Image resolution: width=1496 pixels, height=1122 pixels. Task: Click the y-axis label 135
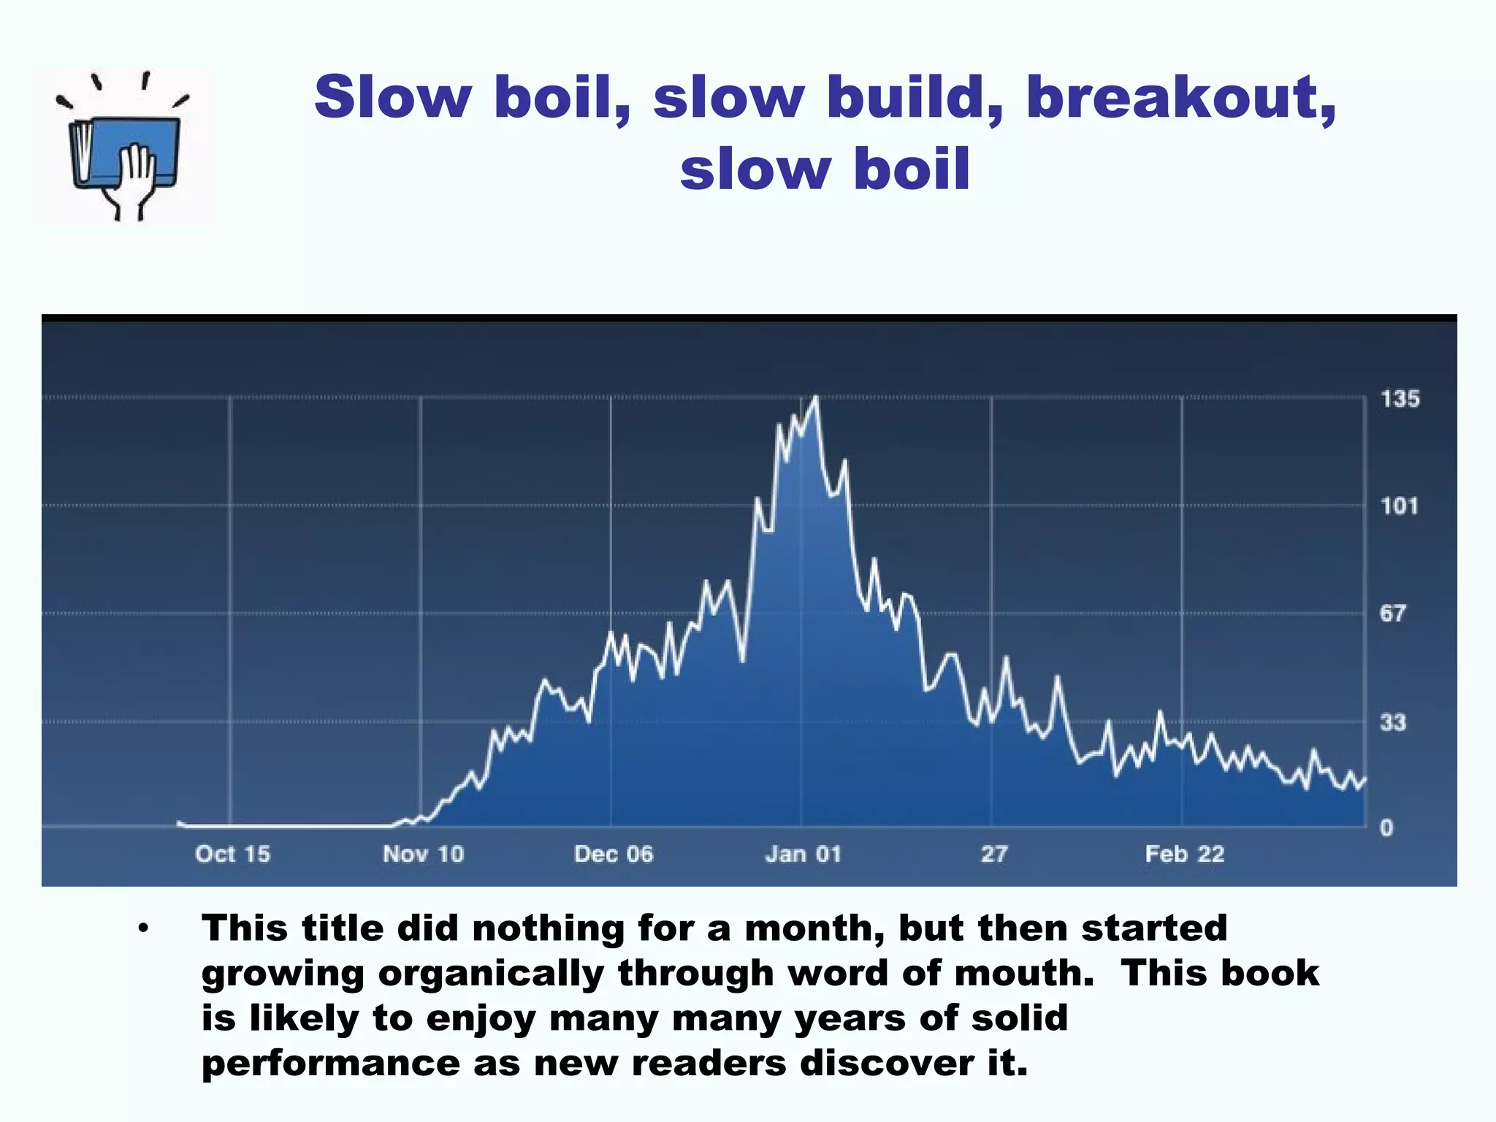[x=1400, y=399]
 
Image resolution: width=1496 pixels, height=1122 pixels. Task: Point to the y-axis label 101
[x=1399, y=506]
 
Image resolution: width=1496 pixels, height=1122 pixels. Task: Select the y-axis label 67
[x=1392, y=613]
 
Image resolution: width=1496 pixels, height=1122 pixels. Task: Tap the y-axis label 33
[x=1392, y=722]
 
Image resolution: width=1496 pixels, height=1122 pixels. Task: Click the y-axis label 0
[x=1386, y=828]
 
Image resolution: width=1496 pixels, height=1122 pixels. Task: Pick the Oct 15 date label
[x=232, y=854]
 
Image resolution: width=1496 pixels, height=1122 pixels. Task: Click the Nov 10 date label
[x=423, y=854]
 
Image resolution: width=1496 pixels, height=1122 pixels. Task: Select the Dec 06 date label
[x=614, y=854]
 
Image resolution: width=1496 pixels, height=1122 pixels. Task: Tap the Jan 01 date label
[x=804, y=854]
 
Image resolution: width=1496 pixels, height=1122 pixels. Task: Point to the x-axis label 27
[x=993, y=854]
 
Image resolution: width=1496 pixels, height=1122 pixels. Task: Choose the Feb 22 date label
[x=1184, y=854]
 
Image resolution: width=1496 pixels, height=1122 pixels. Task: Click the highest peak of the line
[x=816, y=397]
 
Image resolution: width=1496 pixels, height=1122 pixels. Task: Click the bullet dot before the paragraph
[x=143, y=929]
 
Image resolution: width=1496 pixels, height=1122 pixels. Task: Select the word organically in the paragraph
[x=491, y=974]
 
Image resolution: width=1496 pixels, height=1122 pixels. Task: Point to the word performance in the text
[x=330, y=1063]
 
